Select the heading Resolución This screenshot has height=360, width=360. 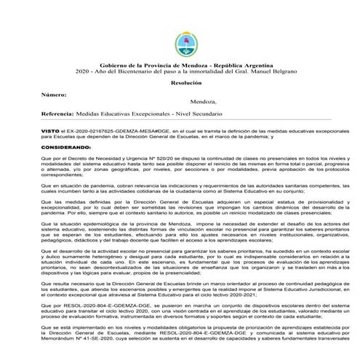[x=180, y=84]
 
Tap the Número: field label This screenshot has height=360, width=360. [x=55, y=95]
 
